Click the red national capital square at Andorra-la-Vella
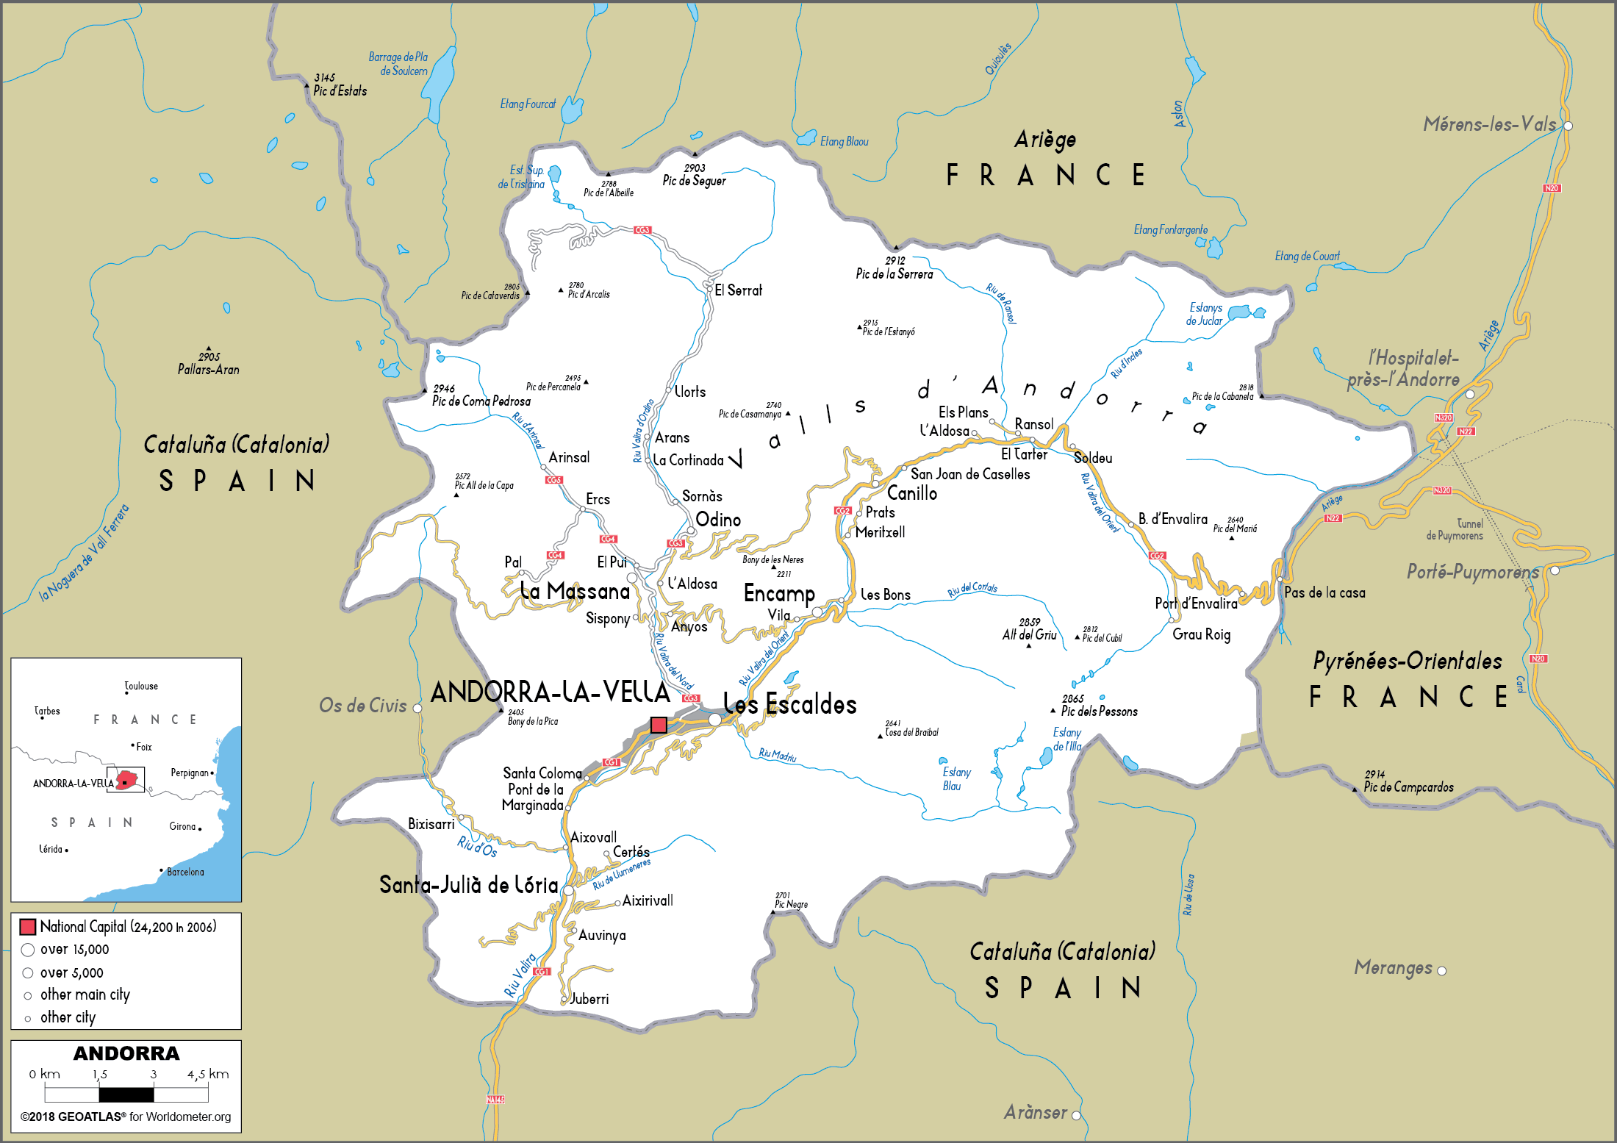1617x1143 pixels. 659,725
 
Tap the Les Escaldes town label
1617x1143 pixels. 790,704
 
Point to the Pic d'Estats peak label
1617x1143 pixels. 340,90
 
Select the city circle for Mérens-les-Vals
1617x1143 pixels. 1568,126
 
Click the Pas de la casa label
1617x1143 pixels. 1324,592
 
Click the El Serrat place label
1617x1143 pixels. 738,290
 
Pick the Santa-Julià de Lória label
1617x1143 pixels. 468,884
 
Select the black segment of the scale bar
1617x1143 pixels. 126,1094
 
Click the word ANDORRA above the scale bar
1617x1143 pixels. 126,1053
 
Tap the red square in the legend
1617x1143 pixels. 28,927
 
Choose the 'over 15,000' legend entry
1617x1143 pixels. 74,950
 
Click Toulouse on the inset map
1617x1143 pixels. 141,686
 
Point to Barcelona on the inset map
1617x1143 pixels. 184,872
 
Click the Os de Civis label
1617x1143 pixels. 362,706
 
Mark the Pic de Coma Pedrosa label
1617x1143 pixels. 481,401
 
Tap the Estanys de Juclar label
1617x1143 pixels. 1205,314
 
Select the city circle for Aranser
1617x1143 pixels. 1076,1115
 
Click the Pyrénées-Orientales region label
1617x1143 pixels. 1407,661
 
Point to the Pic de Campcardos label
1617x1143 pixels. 1408,787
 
